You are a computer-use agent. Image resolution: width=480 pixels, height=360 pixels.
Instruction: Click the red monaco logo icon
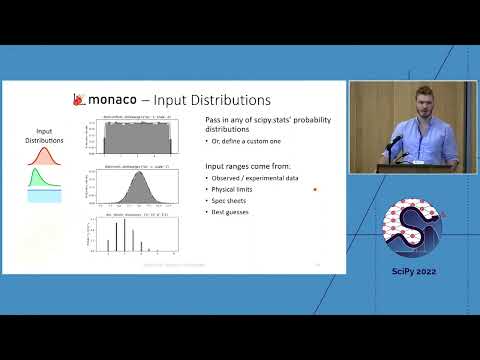[x=79, y=99]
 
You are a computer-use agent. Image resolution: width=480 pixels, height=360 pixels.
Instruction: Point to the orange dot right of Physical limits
[x=315, y=188]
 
